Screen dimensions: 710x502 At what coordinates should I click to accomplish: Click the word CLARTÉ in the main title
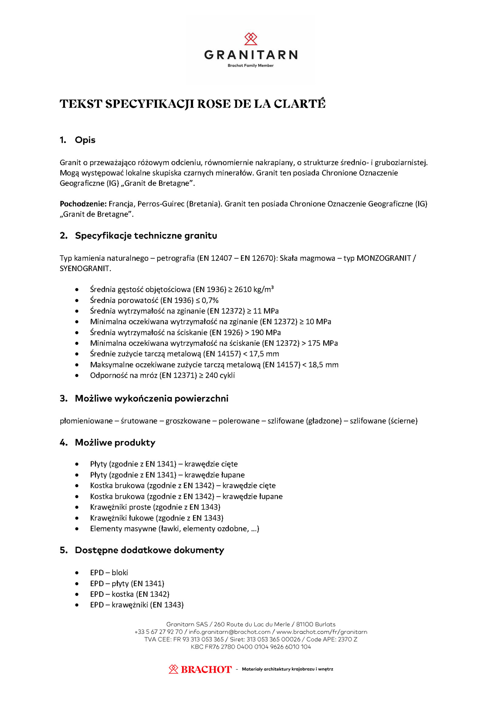tap(300, 104)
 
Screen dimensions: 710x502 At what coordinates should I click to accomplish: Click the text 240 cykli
tap(220, 375)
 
